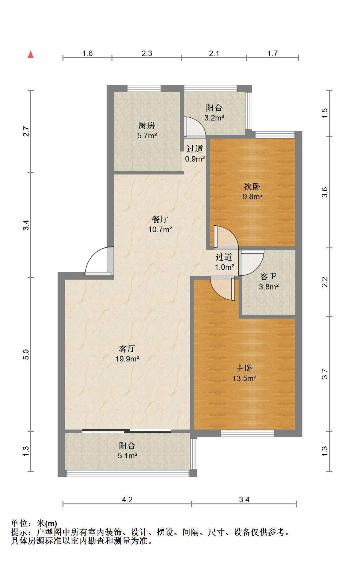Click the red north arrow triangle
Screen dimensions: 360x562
point(31,55)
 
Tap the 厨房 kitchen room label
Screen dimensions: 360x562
point(147,125)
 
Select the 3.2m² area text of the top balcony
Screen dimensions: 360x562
point(214,117)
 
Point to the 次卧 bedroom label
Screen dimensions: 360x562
point(252,186)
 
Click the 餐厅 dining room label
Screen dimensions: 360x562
point(160,219)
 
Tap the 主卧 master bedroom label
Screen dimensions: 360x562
point(244,368)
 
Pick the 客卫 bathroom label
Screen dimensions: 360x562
point(268,277)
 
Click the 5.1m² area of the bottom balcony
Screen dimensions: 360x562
point(127,456)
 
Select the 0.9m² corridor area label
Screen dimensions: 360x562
point(195,159)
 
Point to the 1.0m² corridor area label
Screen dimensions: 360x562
point(225,267)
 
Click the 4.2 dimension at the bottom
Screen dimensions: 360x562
point(127,499)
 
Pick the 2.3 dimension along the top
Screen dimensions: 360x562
point(147,54)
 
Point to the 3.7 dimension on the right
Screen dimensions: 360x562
point(325,374)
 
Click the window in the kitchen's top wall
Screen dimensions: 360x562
point(144,89)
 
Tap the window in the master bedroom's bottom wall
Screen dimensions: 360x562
point(248,433)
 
